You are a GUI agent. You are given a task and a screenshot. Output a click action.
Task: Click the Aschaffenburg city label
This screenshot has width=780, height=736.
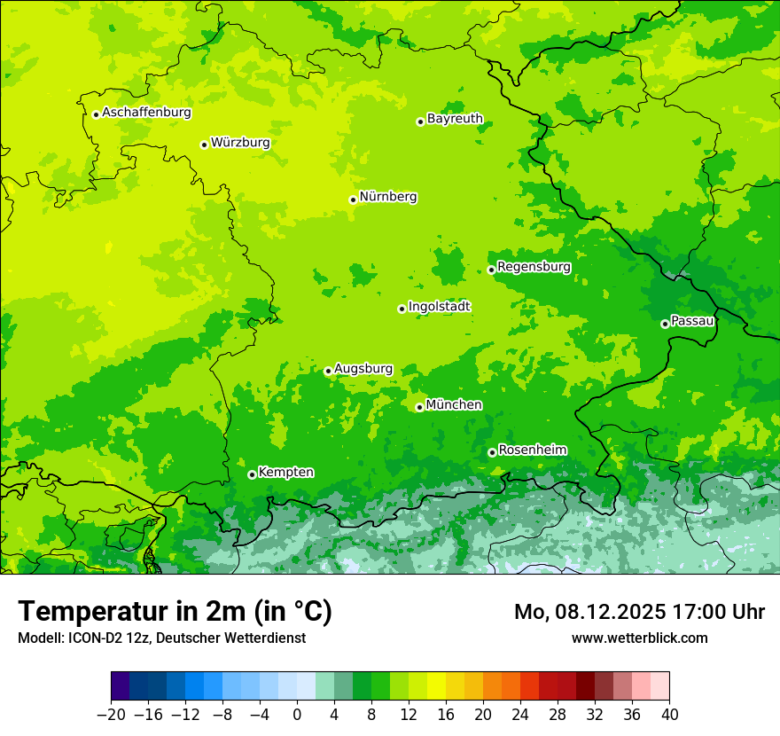[146, 113]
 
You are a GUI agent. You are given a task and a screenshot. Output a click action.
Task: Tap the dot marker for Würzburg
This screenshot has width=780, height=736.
[204, 145]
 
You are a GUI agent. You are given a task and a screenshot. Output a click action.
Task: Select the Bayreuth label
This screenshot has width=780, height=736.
[455, 119]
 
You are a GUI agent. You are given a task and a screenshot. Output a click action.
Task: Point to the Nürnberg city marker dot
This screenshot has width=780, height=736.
[353, 200]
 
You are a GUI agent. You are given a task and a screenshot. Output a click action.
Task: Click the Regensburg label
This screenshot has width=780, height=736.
[534, 267]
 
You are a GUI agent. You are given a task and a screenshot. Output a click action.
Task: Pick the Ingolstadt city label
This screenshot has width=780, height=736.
[439, 307]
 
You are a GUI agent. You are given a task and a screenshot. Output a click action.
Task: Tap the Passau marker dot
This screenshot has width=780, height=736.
[665, 324]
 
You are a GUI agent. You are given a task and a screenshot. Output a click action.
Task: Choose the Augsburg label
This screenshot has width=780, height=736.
[363, 369]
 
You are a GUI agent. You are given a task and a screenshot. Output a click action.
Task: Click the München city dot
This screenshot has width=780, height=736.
[419, 407]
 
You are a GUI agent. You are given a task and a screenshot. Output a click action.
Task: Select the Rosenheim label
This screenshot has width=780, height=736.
[532, 450]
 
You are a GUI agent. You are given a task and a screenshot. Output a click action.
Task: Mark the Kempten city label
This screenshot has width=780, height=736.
[285, 473]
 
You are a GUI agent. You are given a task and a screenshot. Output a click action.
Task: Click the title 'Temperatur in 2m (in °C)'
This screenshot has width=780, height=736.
[175, 612]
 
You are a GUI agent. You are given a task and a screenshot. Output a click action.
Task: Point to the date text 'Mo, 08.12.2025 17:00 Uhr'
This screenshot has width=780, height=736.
[639, 612]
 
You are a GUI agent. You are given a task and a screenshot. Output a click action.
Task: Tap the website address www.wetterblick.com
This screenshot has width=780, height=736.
[639, 638]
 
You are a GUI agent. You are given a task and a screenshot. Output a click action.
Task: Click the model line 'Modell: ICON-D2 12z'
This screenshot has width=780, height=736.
[161, 638]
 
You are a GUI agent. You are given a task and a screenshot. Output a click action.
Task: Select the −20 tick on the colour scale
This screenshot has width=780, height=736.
[112, 715]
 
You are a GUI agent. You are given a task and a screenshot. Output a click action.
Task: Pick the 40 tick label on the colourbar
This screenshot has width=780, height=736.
[669, 715]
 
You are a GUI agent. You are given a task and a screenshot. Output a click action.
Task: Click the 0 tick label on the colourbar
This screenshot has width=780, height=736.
[297, 715]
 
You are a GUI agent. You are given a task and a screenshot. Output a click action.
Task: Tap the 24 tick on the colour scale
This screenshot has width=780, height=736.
[520, 715]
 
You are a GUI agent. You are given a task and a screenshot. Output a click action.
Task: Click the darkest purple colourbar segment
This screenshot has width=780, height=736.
[121, 686]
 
